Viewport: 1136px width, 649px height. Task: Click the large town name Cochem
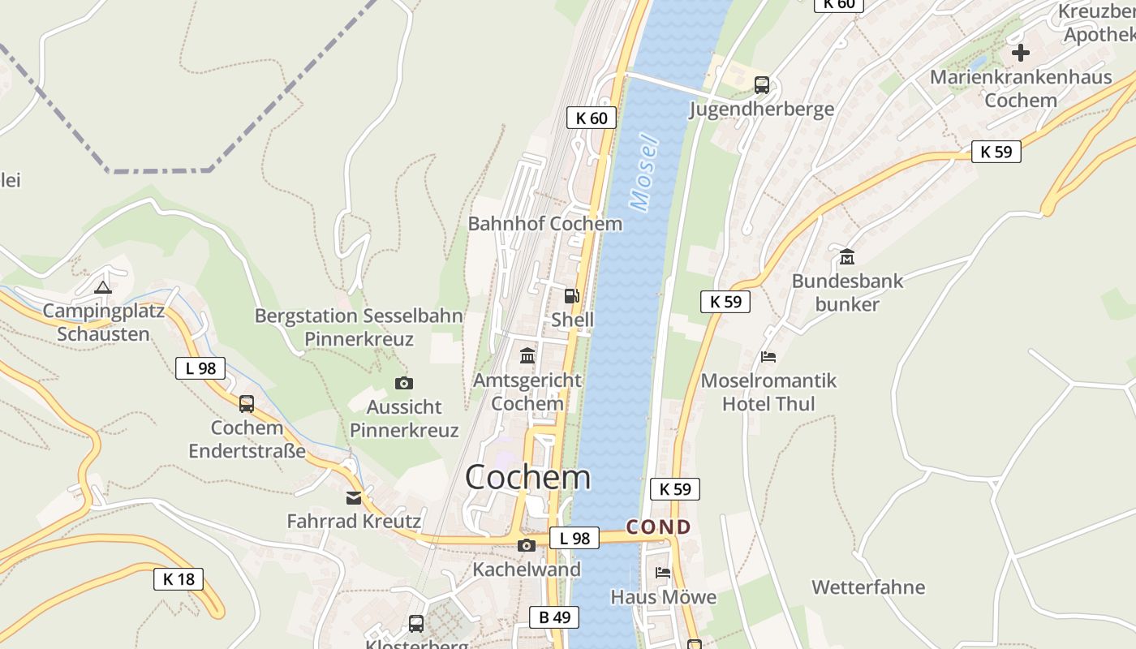[x=527, y=477]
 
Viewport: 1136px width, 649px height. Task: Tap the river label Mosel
[x=645, y=172]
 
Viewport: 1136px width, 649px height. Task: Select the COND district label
[x=658, y=527]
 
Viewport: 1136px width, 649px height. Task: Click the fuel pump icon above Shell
[x=572, y=296]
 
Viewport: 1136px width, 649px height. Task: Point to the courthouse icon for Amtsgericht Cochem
[x=527, y=355]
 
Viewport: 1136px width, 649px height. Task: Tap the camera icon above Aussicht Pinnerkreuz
[x=403, y=383]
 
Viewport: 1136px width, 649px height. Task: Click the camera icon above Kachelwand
[x=527, y=545]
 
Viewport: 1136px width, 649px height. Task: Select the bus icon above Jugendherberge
[x=761, y=85]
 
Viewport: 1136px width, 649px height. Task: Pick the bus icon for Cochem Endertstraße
[x=246, y=403]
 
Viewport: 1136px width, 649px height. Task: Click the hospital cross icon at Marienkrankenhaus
[x=1020, y=54]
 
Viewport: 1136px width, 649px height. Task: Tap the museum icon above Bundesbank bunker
[x=847, y=257]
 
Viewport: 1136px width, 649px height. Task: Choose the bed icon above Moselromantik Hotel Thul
[x=768, y=357]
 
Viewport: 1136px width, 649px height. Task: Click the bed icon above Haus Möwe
[x=663, y=573]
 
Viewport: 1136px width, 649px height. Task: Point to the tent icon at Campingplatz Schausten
[x=102, y=286]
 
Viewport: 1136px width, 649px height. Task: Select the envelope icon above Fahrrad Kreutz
[x=354, y=497]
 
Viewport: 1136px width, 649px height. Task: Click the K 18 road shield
[x=179, y=579]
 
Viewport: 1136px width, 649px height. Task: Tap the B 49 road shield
[x=555, y=617]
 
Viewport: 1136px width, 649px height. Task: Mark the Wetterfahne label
[x=868, y=587]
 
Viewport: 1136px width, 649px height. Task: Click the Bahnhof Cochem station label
[x=545, y=224]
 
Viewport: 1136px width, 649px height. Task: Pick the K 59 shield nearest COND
[x=674, y=489]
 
